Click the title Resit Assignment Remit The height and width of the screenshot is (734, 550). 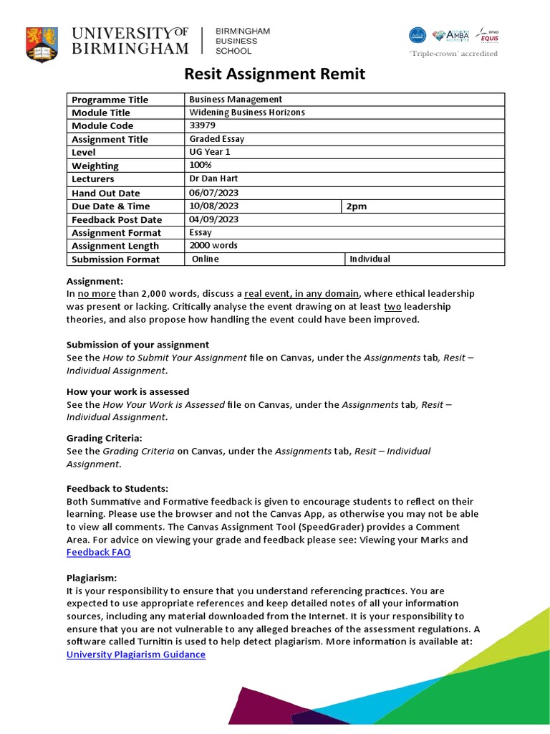coord(275,74)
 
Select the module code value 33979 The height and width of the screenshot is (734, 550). coord(201,125)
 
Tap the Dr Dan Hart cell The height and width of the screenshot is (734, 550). coord(213,178)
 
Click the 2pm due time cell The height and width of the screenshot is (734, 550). coord(357,206)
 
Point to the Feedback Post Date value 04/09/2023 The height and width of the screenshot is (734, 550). coord(213,219)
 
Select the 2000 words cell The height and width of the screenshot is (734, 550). coord(213,245)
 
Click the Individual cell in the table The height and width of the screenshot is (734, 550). coord(370,259)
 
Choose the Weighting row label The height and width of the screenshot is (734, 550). coord(95,166)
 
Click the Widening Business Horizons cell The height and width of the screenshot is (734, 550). coord(247,113)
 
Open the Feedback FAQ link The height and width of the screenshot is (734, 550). coord(99,552)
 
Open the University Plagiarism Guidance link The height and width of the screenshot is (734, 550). coord(136,654)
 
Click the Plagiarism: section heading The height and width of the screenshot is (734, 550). coord(92,578)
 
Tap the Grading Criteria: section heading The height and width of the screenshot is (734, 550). coord(105,437)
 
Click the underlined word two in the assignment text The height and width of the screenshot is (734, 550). coord(392,306)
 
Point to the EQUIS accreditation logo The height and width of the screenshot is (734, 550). coord(488,35)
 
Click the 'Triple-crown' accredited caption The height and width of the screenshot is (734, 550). coord(453,54)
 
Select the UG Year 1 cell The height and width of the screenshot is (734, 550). coord(210,152)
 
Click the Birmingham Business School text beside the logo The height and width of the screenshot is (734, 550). coord(243,41)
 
